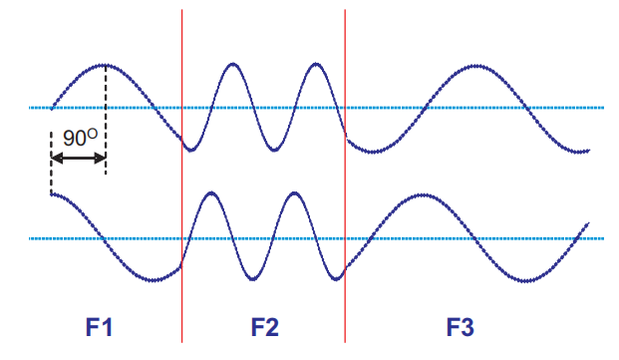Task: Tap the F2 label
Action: click(x=265, y=326)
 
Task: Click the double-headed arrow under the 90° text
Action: click(x=78, y=158)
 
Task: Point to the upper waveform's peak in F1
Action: click(x=105, y=64)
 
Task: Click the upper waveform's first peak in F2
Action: click(x=233, y=64)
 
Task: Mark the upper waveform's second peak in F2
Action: click(x=316, y=64)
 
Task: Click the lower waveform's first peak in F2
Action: click(x=209, y=192)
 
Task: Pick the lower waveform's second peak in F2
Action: click(x=293, y=192)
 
